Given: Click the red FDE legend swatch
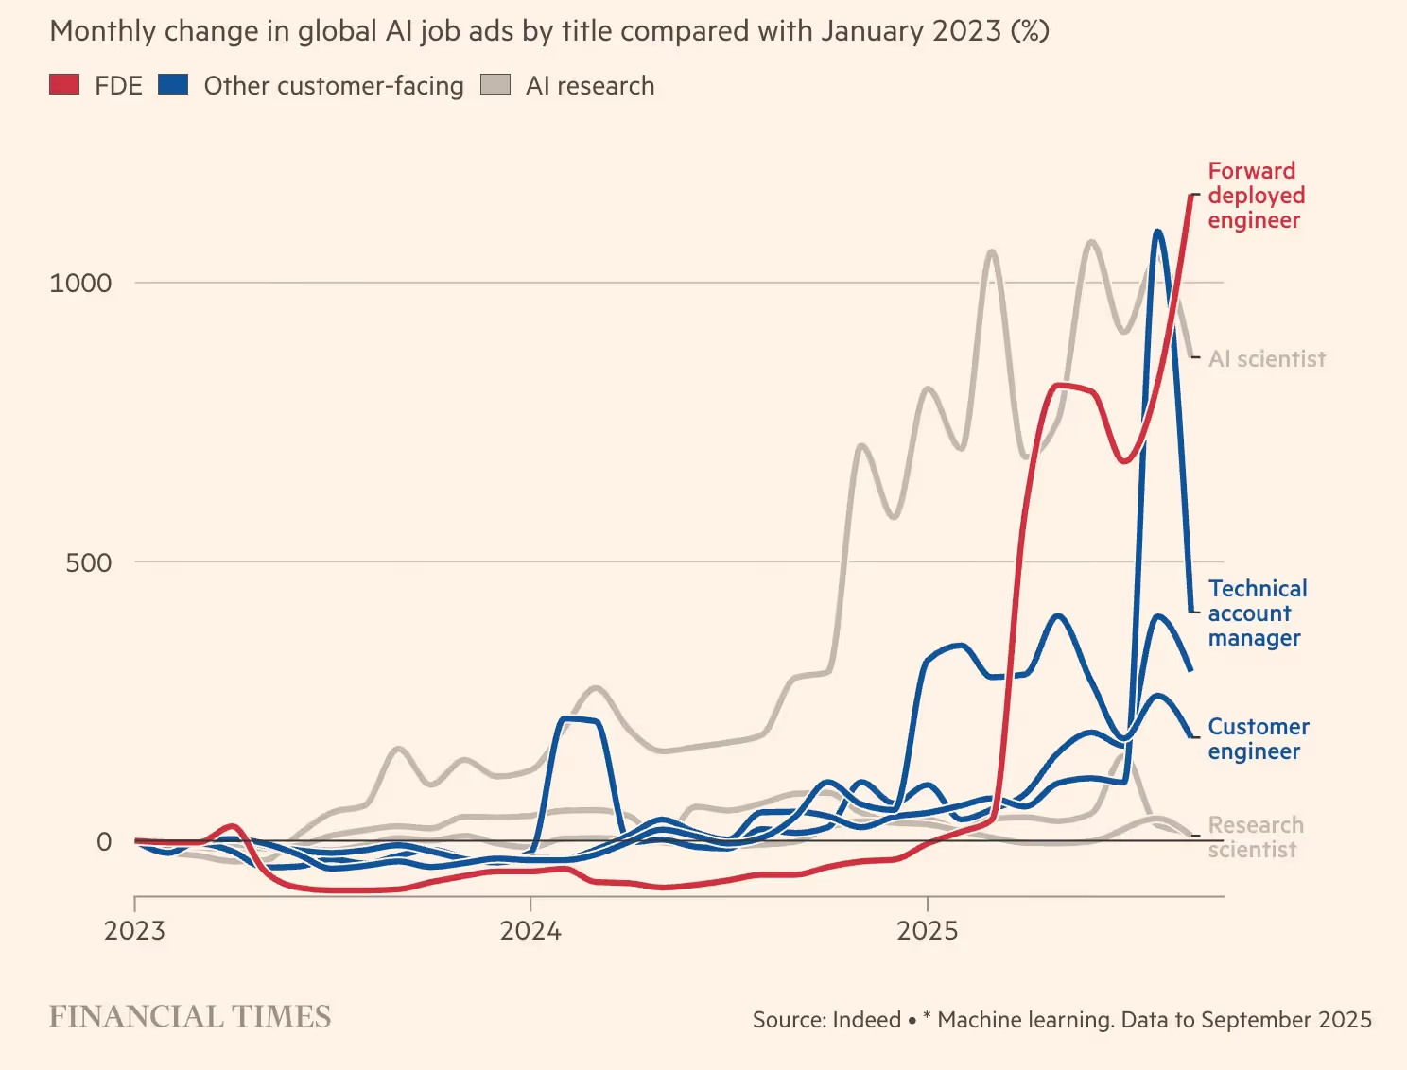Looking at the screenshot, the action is [x=64, y=84].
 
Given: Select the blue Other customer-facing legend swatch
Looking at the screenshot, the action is [x=173, y=84].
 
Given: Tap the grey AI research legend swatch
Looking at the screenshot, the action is [x=495, y=84].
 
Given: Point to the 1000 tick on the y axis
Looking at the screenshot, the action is [x=80, y=283].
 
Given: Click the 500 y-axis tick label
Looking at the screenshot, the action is [x=89, y=562].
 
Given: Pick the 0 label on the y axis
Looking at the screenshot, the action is [x=104, y=841].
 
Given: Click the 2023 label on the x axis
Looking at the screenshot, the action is [x=134, y=930].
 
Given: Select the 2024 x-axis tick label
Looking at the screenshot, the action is [x=530, y=930].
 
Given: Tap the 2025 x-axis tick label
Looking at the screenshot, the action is [x=927, y=930].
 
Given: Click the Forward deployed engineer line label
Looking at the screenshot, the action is [x=1257, y=196].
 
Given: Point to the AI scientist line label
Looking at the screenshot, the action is [x=1267, y=359].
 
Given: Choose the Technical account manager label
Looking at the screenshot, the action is [x=1258, y=613].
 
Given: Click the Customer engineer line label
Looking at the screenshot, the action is [x=1259, y=739].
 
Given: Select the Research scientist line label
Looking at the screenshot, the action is [x=1256, y=837].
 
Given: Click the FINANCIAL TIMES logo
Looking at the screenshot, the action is [x=190, y=1017].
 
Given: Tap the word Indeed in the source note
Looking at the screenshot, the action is [x=867, y=1019].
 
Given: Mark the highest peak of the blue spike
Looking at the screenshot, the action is [x=1157, y=232].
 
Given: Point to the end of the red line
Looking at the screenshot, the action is [x=1191, y=194].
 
